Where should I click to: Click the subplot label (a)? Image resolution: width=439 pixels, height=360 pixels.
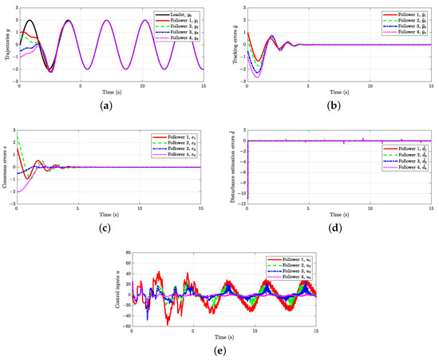(105, 103)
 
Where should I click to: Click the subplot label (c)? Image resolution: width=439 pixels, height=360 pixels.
(105, 228)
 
